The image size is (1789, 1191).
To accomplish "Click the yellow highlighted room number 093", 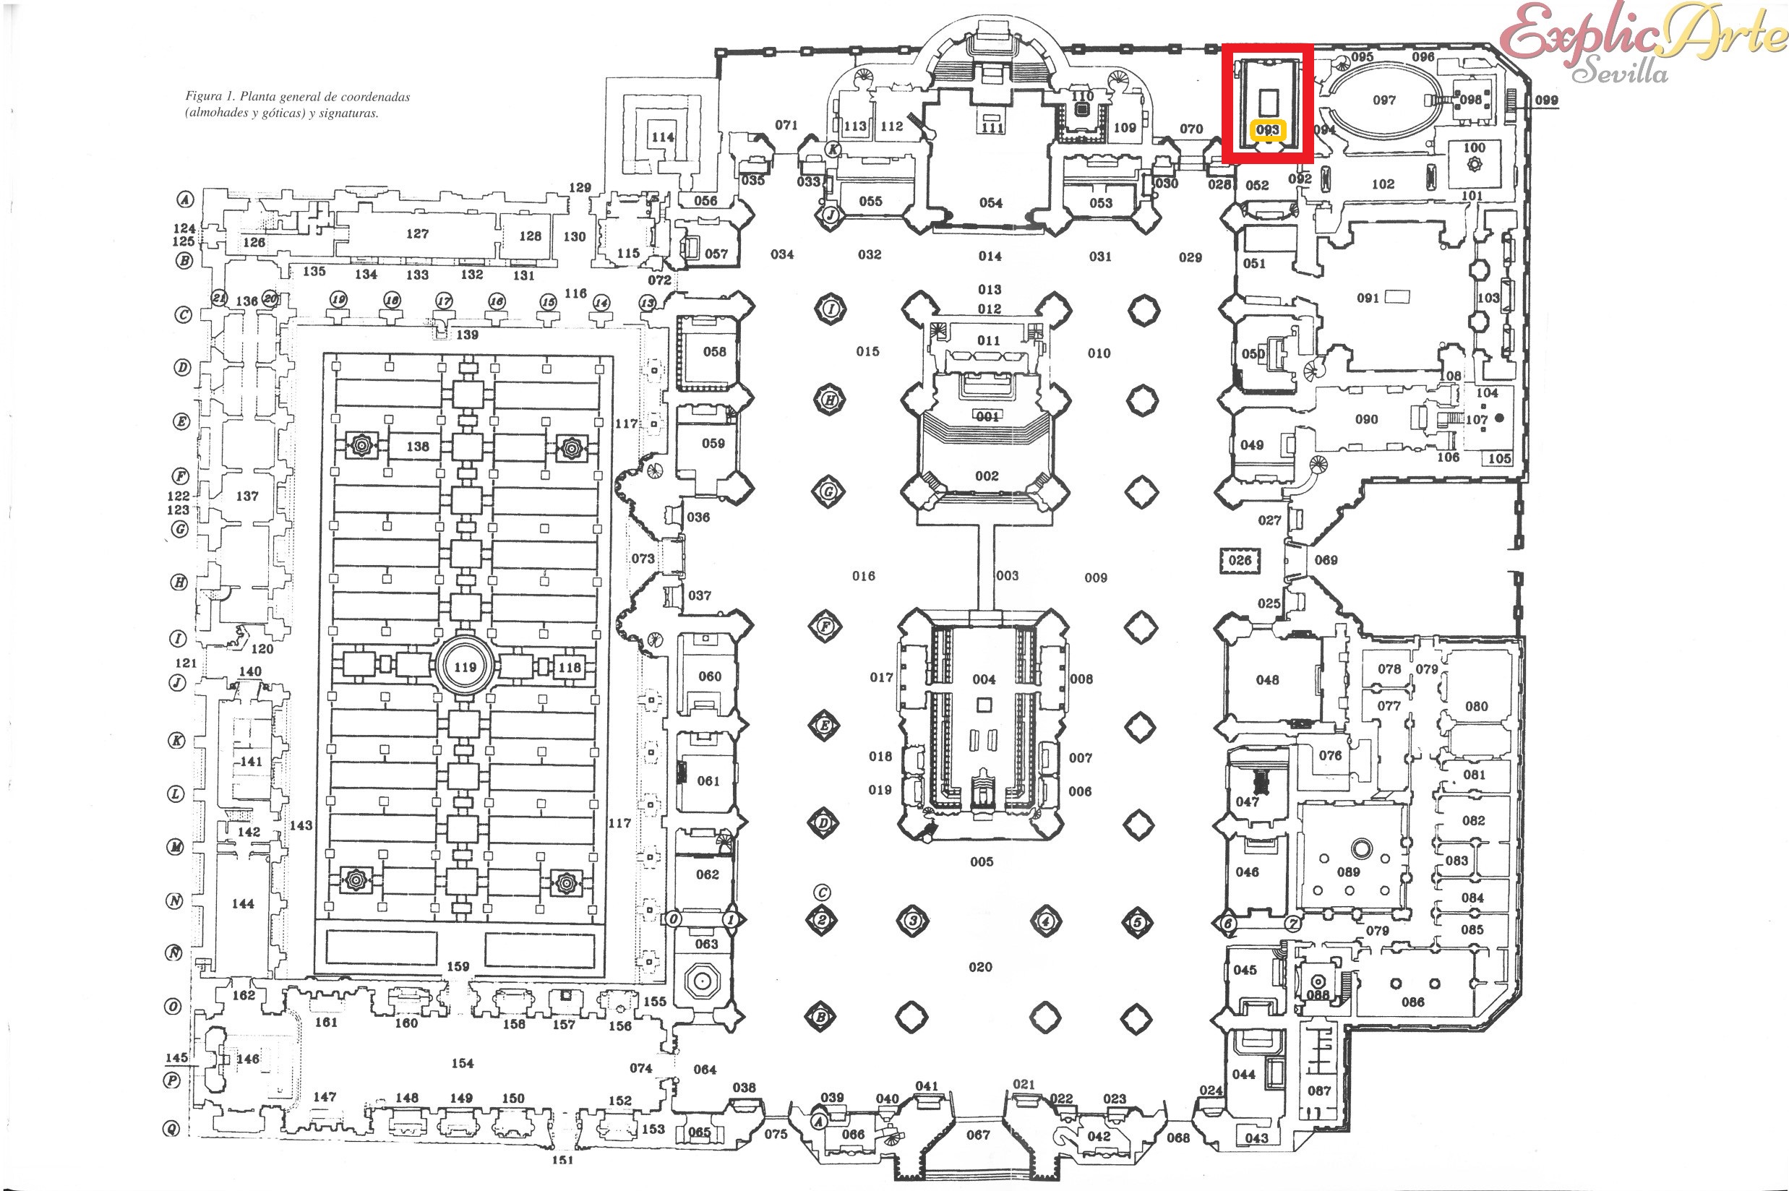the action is (1267, 130).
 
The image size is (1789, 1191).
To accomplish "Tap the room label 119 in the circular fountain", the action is (465, 668).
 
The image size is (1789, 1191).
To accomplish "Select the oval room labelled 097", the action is (1384, 100).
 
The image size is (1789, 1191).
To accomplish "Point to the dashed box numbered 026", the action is (1240, 561).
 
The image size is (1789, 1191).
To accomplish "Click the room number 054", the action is (990, 203).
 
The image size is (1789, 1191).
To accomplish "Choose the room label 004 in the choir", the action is (984, 679).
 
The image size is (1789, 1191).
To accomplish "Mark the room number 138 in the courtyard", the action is (418, 447).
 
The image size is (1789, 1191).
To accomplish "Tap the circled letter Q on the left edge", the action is (173, 1130).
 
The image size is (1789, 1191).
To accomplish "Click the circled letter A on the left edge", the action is (184, 199).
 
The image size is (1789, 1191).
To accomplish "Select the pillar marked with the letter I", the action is (831, 309).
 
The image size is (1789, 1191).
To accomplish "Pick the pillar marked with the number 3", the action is (913, 921).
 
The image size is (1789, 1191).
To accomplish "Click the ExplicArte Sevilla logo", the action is (1641, 42).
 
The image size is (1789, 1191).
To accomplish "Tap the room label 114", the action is (662, 137).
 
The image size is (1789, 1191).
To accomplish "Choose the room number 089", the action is (1347, 872).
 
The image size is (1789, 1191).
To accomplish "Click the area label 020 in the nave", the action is (980, 967).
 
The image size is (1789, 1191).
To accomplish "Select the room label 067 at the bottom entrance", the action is (978, 1135).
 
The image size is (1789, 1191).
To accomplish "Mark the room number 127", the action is (417, 234).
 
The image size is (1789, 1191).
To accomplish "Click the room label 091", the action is (1368, 298).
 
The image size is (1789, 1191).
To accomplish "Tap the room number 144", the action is (243, 904).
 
